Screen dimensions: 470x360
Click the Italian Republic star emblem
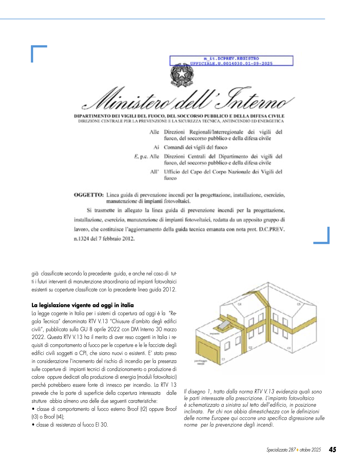point(182,74)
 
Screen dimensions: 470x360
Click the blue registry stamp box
point(231,61)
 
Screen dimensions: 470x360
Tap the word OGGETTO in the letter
point(88,195)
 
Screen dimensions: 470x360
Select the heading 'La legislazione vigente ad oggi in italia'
point(83,305)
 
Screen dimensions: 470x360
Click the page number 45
point(333,450)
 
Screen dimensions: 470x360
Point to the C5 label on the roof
point(298,304)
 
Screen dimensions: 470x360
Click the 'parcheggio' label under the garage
point(201,361)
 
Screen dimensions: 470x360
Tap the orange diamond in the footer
point(297,450)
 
